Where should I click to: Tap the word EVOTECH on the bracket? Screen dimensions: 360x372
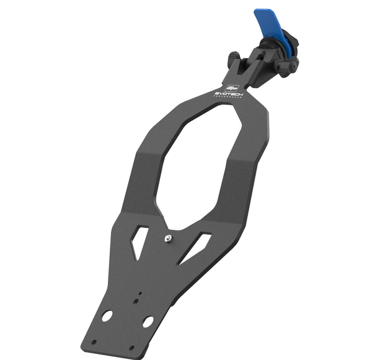pyautogui.click(x=229, y=94)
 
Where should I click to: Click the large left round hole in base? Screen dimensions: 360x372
pyautogui.click(x=107, y=315)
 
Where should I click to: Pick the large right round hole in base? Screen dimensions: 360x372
pyautogui.click(x=148, y=322)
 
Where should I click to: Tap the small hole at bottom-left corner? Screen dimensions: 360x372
pyautogui.click(x=94, y=342)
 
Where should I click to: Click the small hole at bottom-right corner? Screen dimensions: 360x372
pyautogui.click(x=131, y=348)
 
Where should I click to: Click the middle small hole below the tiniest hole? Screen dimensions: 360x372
pyautogui.click(x=136, y=302)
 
